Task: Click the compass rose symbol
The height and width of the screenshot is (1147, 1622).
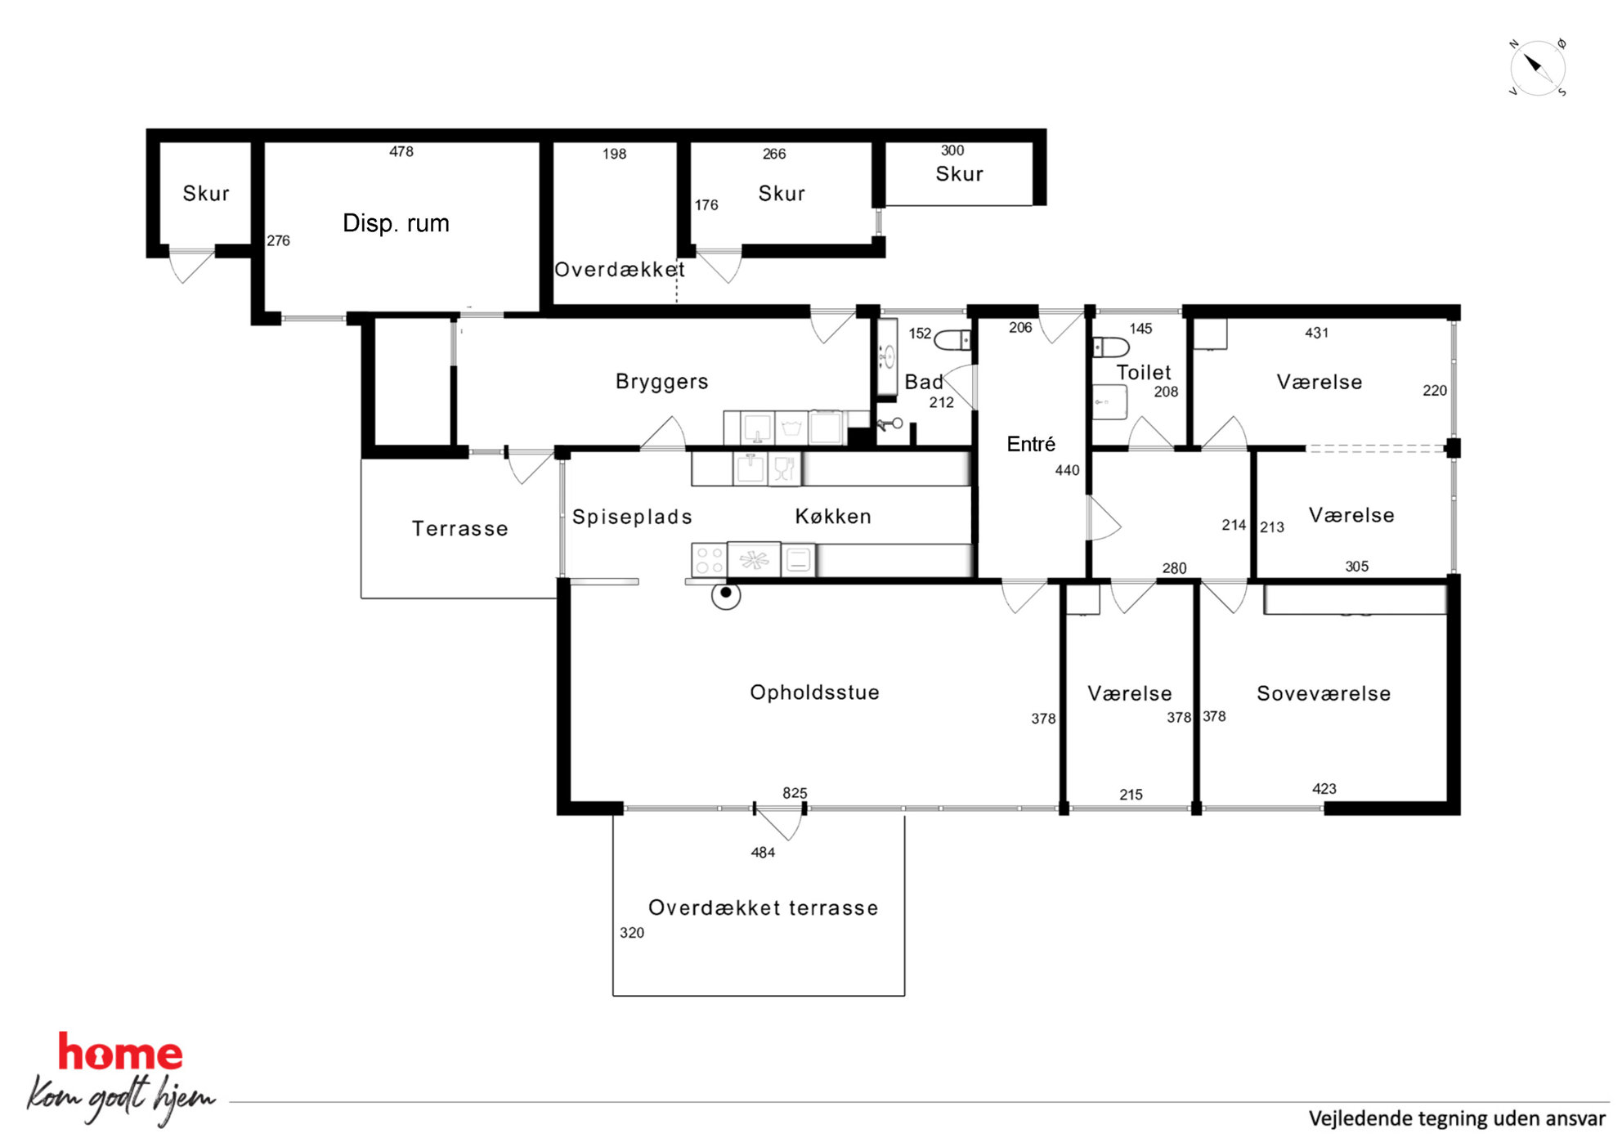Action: (x=1537, y=68)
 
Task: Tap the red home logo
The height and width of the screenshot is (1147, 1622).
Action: (x=120, y=1052)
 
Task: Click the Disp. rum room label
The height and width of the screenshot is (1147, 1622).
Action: (x=396, y=223)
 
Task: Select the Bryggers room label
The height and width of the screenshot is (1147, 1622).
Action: (x=661, y=382)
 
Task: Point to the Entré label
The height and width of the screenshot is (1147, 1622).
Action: (x=1031, y=444)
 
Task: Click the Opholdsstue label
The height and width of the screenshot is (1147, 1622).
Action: (x=814, y=692)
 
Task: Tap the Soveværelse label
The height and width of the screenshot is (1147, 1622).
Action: (x=1324, y=693)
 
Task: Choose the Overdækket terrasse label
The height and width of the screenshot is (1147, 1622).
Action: (x=763, y=907)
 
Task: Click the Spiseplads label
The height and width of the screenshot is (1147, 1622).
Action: (x=632, y=517)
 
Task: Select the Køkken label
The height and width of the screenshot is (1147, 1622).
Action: (x=833, y=517)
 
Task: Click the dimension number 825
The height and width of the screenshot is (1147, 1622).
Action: (x=795, y=793)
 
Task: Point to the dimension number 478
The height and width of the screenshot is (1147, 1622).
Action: (x=401, y=151)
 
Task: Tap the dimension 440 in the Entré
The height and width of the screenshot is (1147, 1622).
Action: (x=1067, y=470)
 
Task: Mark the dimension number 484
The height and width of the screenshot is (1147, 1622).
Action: (x=763, y=853)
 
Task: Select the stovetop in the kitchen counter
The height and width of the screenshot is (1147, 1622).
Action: (x=709, y=560)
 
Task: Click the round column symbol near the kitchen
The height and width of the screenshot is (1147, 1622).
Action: (x=726, y=595)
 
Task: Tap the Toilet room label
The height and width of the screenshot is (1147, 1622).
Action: (x=1144, y=373)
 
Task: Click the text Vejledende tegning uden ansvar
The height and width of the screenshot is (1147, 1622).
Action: (x=1457, y=1118)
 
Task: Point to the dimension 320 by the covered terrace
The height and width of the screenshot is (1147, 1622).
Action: (x=632, y=933)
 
